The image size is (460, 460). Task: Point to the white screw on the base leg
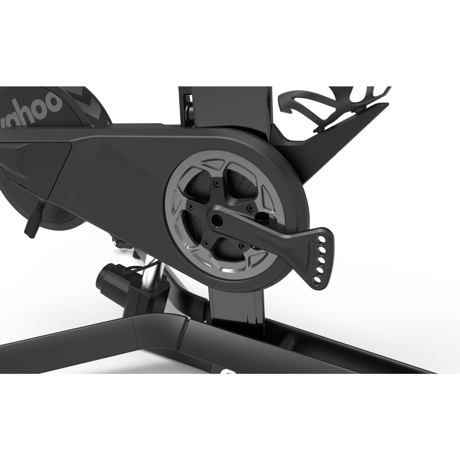pos(226,372)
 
